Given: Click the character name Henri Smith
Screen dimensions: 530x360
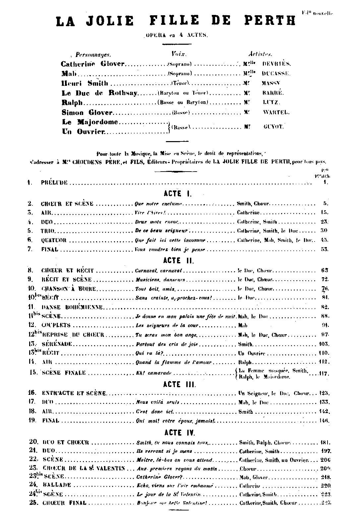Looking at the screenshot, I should (85, 83).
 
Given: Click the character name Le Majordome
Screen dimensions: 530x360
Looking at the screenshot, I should (90, 122).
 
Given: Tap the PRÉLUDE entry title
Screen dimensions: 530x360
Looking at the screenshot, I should (54, 182).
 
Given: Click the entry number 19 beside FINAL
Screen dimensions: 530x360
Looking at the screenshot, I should (32, 421).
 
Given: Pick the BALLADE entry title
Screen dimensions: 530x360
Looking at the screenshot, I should (57, 485).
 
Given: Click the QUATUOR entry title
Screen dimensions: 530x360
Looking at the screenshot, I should (54, 240).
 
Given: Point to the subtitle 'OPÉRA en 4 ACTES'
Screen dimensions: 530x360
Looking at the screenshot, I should (177, 35).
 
